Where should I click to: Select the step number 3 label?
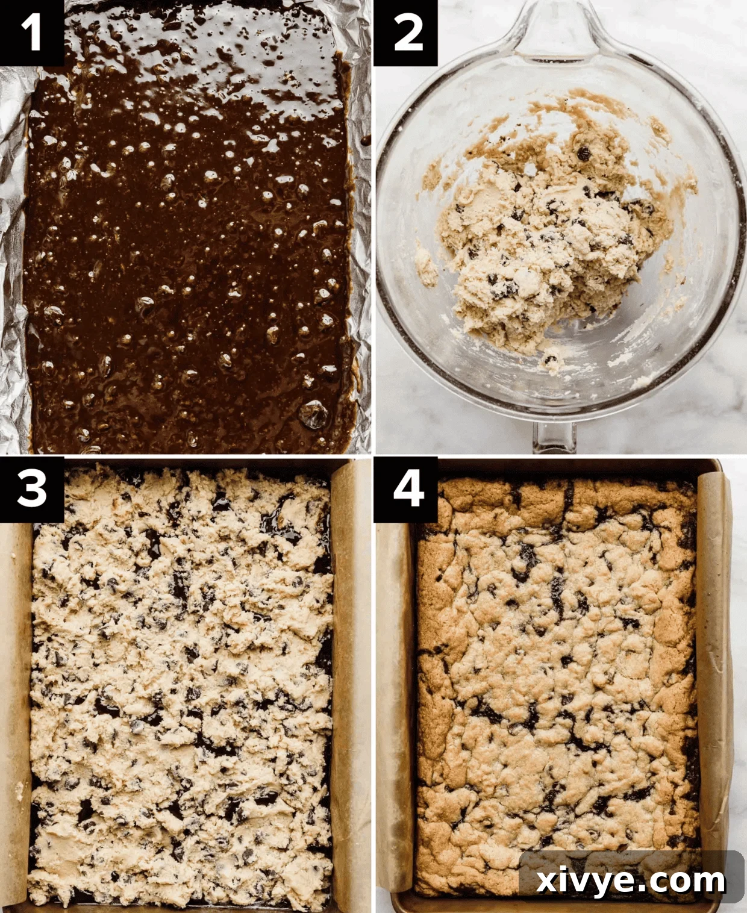[x=31, y=488]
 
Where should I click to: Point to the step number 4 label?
[x=407, y=488]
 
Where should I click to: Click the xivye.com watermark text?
[x=630, y=881]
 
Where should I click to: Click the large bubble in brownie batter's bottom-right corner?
[x=314, y=414]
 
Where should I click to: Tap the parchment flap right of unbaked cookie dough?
[x=349, y=662]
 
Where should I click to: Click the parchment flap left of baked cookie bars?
[x=395, y=693]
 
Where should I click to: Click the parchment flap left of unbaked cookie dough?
[x=14, y=693]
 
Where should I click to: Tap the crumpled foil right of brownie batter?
[x=361, y=241]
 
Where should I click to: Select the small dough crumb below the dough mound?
[x=549, y=361]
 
